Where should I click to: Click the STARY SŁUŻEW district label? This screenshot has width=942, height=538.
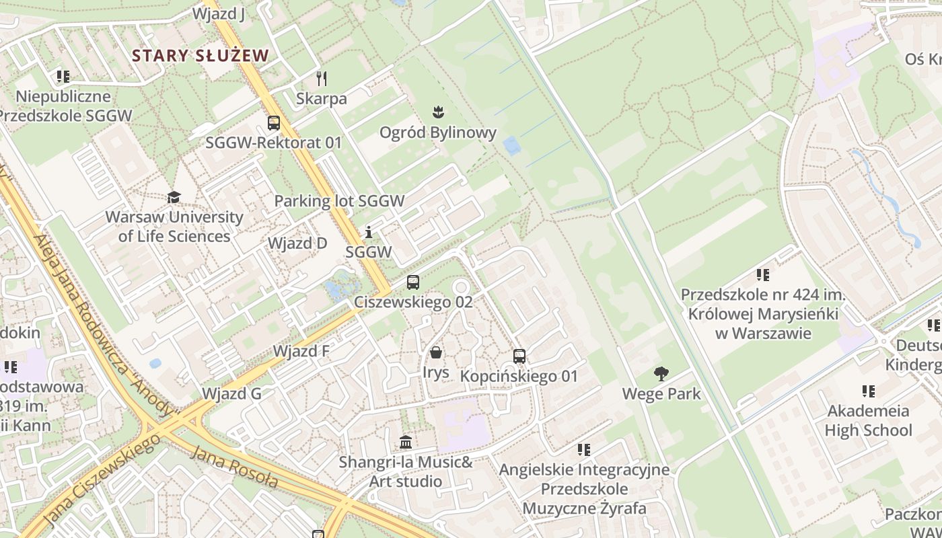coord(201,55)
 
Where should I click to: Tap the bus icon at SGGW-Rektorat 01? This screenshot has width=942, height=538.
coord(274,123)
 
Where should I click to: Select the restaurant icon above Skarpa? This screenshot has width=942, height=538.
coord(322,79)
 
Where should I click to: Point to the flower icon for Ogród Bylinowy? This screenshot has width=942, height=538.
coord(439,112)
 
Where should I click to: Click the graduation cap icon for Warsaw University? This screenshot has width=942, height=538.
coord(174,197)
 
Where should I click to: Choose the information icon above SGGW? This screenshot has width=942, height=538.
coord(368,233)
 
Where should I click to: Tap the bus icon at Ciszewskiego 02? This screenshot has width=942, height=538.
coord(413,282)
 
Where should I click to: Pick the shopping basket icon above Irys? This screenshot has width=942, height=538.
coord(436,352)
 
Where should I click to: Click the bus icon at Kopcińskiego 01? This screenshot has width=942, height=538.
coord(519,356)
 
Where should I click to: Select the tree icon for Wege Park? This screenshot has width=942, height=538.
coord(661,374)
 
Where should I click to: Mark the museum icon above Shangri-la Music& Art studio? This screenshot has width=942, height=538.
coord(406,443)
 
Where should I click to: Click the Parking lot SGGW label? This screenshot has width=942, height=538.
coord(339,200)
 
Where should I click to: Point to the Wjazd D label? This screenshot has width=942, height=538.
coord(297,243)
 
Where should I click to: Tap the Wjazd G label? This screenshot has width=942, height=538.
coord(231,393)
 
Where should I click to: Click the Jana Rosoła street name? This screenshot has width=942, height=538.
coord(234,466)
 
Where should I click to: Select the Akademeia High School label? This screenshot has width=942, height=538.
coord(868,420)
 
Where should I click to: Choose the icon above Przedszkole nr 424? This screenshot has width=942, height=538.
coord(762,274)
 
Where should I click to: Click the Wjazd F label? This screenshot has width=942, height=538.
coord(301,351)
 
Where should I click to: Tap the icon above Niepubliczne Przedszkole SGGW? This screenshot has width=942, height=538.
coord(63,77)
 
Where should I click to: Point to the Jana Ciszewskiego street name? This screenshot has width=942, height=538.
coord(102,479)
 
